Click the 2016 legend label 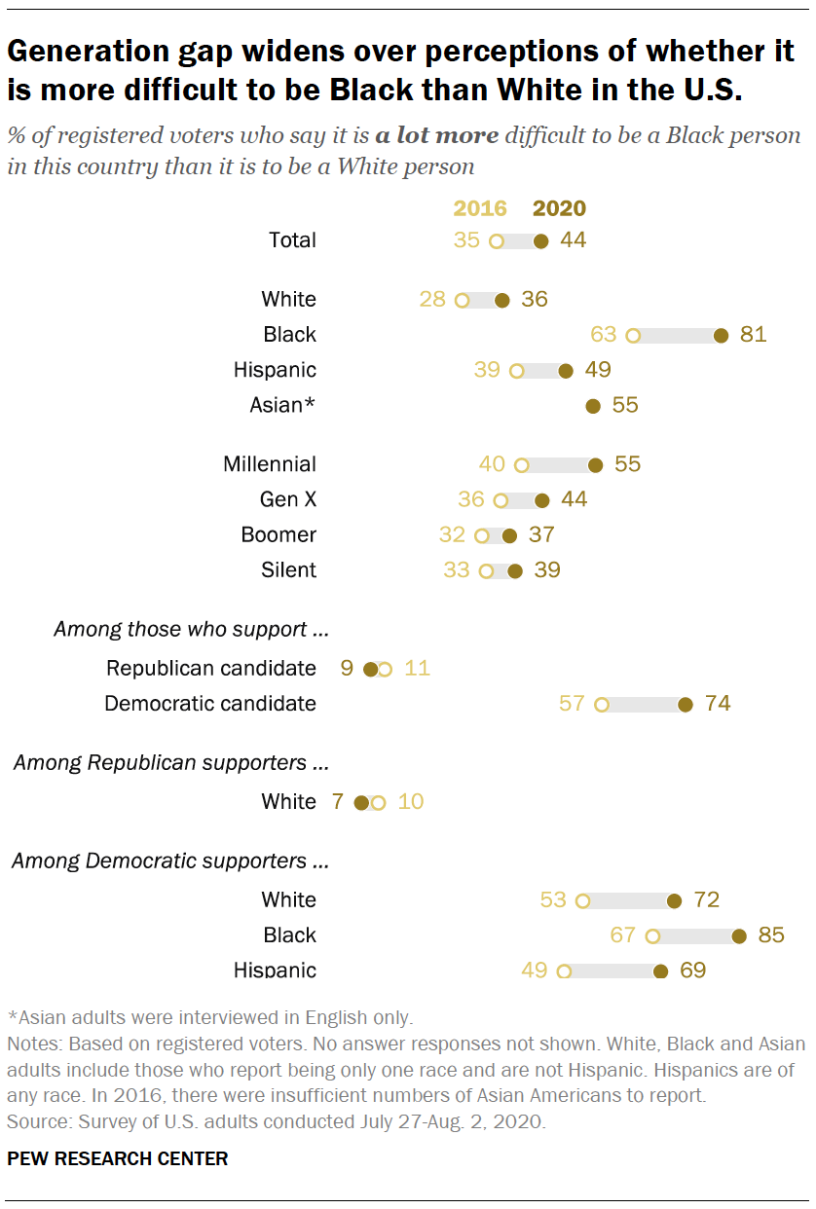point(480,208)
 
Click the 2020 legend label point(559,208)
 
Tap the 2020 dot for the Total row point(541,240)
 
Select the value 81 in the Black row point(753,335)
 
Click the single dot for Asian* point(592,405)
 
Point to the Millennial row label point(270,464)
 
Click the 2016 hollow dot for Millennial point(521,465)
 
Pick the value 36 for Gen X point(470,499)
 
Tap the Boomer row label point(278,534)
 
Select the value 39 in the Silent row point(547,570)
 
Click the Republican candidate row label point(211,668)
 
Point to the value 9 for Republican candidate point(346,669)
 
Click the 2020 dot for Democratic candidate point(685,704)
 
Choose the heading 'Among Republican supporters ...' point(170,762)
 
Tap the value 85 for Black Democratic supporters point(770,935)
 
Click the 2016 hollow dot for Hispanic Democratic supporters point(564,971)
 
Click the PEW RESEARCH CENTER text point(118,1158)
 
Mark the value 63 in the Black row point(604,335)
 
